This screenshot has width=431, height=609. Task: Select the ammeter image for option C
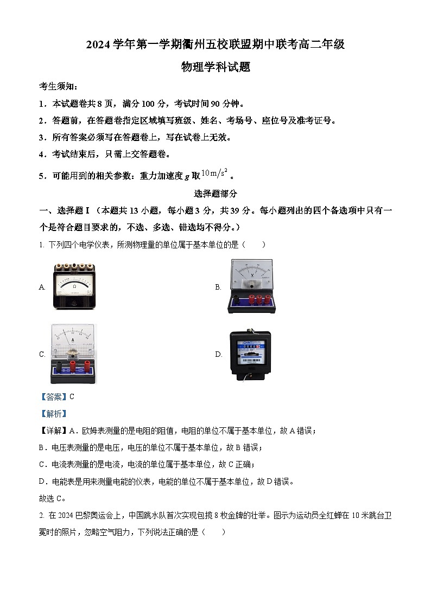click(x=73, y=354)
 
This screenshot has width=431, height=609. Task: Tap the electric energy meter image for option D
click(x=250, y=354)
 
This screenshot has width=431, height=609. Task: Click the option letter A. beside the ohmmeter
click(x=42, y=287)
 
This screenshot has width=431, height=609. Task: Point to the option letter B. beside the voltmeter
click(x=218, y=287)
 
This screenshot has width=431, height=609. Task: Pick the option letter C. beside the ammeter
click(x=42, y=355)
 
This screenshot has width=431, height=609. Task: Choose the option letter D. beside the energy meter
click(x=219, y=355)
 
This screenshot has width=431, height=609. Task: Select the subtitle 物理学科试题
click(x=215, y=67)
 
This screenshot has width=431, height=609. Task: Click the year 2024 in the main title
click(x=98, y=45)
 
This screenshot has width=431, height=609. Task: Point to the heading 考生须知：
click(x=59, y=86)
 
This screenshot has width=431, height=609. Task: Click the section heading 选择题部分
click(x=215, y=194)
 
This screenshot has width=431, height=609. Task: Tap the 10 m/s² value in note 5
click(x=214, y=174)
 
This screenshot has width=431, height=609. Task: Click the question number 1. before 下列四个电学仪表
click(x=42, y=245)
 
